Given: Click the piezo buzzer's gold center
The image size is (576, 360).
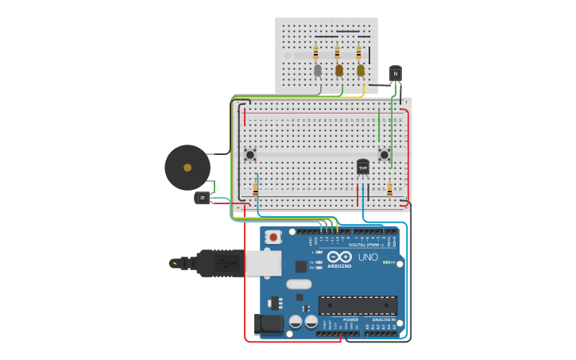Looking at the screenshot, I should click(187, 168).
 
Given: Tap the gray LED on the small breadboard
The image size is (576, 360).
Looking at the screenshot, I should click(318, 71).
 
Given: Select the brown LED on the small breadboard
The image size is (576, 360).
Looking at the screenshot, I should click(339, 71).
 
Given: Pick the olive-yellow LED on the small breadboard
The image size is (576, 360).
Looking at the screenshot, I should click(361, 71).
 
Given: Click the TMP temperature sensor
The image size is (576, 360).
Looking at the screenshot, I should click(363, 167).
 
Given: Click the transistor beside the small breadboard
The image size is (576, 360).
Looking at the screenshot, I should click(396, 74).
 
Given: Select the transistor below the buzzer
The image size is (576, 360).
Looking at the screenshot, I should click(203, 197).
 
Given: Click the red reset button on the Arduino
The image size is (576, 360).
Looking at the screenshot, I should click(273, 237).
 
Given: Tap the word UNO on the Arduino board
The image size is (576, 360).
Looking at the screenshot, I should click(368, 257).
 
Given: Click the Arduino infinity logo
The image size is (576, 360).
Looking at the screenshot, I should click(339, 257).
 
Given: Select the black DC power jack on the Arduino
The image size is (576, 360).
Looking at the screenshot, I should click(268, 323).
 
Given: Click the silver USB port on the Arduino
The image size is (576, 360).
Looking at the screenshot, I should click(263, 262).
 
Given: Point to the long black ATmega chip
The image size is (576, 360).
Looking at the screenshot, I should click(358, 305).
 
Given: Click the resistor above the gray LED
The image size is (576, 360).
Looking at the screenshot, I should click(315, 52).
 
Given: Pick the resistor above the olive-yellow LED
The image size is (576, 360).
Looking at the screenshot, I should click(358, 52).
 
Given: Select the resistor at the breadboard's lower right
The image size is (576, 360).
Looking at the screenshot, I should click(389, 189).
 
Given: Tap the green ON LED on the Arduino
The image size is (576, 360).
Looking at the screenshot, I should click(386, 262).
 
